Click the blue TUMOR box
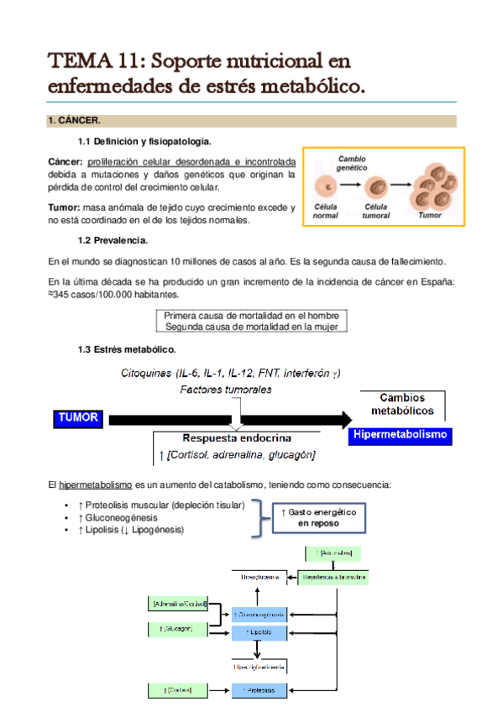pos(80,417)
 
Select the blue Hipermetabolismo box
pos(401,436)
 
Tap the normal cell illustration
pos(325,186)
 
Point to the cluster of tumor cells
pos(431,184)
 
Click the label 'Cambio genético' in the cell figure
pos(352,164)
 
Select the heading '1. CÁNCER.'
pos(74,121)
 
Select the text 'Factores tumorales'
pos(225,390)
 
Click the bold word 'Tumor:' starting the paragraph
pos(63,207)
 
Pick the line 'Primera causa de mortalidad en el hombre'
pos(252,316)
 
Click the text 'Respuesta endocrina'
pos(238,438)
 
